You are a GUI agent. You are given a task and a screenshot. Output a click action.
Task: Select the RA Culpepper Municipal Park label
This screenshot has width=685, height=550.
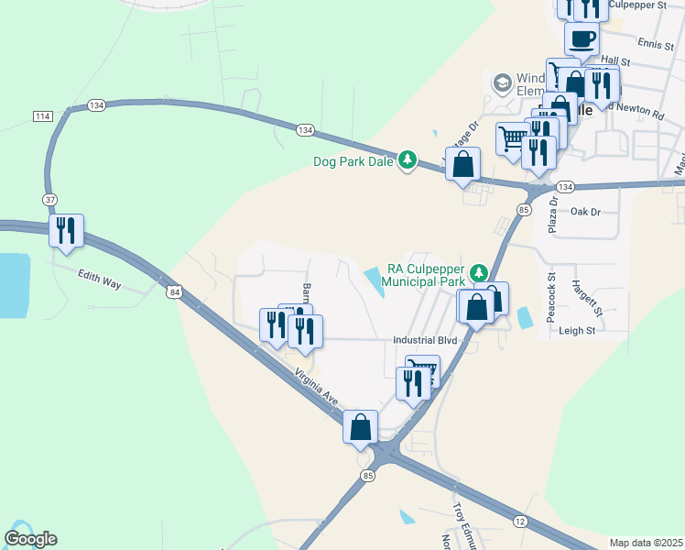[426, 276]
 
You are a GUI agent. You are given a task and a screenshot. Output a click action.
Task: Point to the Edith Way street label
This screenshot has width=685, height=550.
[99, 279]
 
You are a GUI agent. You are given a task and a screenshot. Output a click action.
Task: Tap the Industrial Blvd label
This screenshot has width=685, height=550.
[424, 340]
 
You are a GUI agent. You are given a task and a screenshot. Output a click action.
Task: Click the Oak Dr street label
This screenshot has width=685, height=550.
[584, 211]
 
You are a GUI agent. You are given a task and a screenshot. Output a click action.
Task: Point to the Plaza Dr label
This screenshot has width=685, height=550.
[553, 214]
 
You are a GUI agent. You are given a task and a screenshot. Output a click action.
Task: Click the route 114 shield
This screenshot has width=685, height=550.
[42, 116]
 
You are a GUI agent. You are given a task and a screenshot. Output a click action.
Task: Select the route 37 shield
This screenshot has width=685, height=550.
[49, 199]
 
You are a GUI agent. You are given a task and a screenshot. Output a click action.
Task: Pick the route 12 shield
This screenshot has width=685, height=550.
[520, 522]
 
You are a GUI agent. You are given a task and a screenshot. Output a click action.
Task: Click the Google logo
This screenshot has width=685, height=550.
[30, 539]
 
